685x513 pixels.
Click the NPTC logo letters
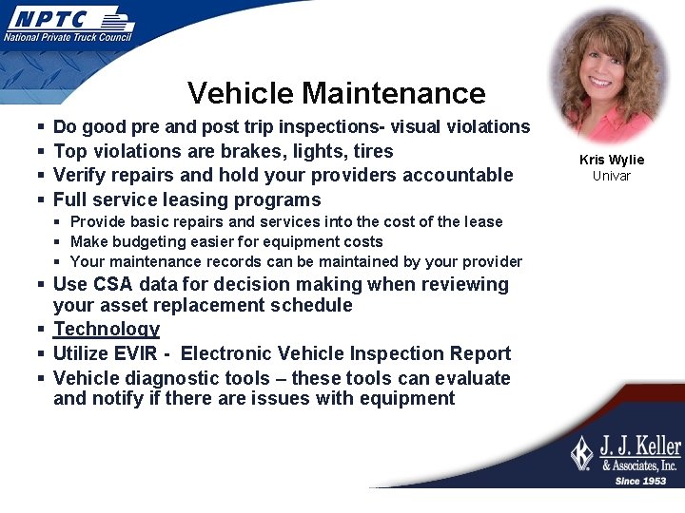click(49, 19)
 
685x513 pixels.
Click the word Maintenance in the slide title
click(393, 93)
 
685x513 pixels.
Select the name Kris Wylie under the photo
click(612, 160)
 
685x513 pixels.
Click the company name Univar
click(612, 175)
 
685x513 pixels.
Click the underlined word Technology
click(107, 329)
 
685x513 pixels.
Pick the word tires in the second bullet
click(372, 151)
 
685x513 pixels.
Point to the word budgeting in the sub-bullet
click(151, 241)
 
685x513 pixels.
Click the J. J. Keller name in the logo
click(639, 446)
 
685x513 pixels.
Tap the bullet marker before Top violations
click(39, 152)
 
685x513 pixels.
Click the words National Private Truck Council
click(68, 37)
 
